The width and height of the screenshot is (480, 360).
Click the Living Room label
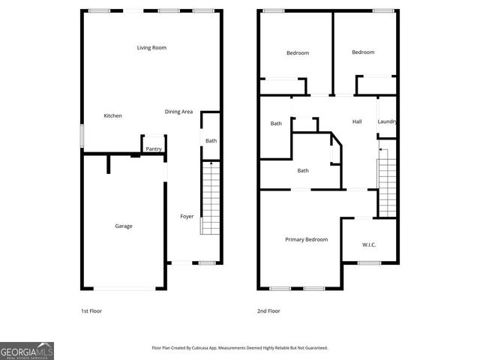[x=151, y=48]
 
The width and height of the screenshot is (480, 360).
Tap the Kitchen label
[x=112, y=115]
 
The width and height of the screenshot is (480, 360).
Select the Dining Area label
[x=178, y=112]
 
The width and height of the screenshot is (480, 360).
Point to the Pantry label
[x=154, y=148]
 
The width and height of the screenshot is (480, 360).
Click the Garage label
[x=124, y=226]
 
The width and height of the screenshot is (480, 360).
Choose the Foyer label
[x=187, y=217]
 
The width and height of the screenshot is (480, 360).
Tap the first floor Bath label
[x=211, y=141]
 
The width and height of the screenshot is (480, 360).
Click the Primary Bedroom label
[x=306, y=239]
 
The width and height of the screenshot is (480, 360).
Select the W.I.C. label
[x=369, y=244]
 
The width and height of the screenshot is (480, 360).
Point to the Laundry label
[x=387, y=121]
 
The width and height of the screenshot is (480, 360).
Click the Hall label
[x=357, y=121]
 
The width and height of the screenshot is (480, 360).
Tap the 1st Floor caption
[x=91, y=310]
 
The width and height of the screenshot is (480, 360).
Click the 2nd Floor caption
[x=268, y=310]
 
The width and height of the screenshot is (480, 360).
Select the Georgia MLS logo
[x=27, y=350]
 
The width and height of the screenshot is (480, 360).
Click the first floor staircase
[x=211, y=199]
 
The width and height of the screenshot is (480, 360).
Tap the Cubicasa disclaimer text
[x=240, y=348]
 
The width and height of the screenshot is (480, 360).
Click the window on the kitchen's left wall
[x=82, y=135]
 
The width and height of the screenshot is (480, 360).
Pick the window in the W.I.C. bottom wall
[x=369, y=262]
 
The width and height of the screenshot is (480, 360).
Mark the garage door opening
[x=124, y=289]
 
